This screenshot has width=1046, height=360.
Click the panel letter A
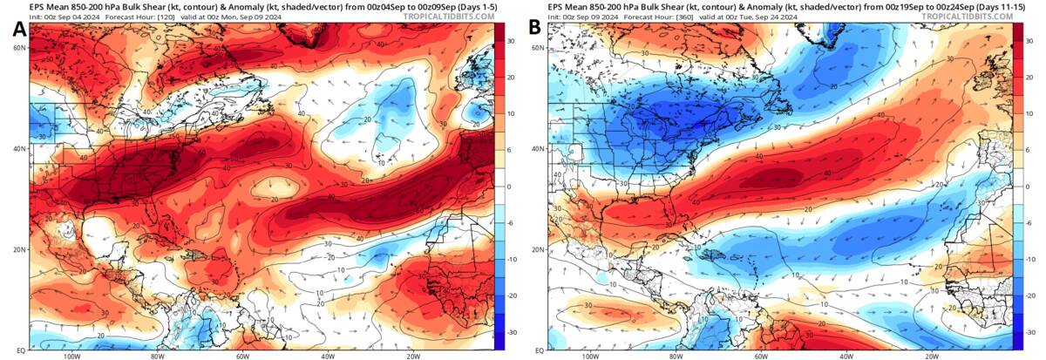pyautogui.click(x=19, y=30)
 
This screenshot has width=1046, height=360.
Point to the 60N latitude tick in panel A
pyautogui.click(x=18, y=48)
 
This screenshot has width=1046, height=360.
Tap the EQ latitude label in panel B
pyautogui.click(x=538, y=350)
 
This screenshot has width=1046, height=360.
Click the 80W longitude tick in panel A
pyautogui.click(x=158, y=356)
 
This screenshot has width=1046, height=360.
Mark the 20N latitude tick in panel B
pyautogui.click(x=538, y=249)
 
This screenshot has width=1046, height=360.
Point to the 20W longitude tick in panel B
pyautogui.click(x=931, y=356)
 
